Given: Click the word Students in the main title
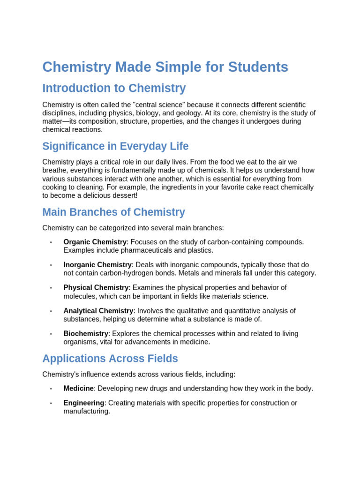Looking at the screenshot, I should click(258, 67).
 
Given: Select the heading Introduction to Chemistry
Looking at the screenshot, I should click(114, 88).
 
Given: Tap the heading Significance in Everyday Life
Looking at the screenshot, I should click(115, 146).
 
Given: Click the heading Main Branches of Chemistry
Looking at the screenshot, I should click(113, 212).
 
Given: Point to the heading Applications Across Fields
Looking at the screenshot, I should click(110, 359).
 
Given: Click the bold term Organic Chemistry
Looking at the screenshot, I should click(95, 242).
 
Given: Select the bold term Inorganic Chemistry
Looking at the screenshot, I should click(97, 265).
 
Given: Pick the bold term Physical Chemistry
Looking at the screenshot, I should click(96, 288).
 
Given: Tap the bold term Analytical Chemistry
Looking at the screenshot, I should click(98, 311).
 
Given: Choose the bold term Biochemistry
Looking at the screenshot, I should click(86, 334).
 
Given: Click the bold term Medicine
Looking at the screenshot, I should click(78, 389).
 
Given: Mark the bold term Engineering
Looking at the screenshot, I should click(83, 403).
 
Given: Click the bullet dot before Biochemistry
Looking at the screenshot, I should click(51, 334).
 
